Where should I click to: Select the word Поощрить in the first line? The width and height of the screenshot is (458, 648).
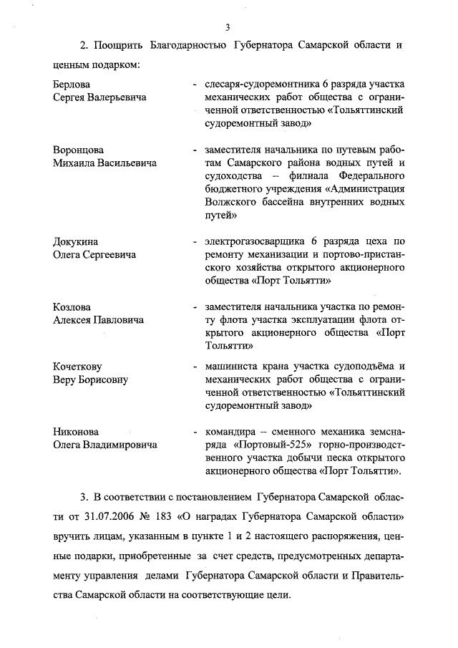[118, 46]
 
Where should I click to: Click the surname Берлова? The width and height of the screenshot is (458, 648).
[72, 85]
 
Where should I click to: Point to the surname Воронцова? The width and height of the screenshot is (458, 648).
[78, 150]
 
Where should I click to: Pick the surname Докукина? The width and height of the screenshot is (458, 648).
[76, 241]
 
